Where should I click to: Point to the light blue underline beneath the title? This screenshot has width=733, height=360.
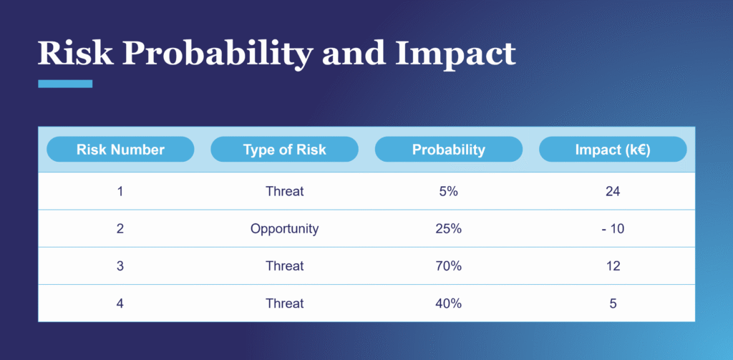[x=65, y=84]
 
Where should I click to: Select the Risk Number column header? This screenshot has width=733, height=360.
[x=120, y=150]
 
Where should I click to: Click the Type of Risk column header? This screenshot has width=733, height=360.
[x=284, y=150]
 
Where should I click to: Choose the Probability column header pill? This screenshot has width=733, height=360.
[x=448, y=150]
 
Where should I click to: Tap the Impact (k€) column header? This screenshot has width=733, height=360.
[x=612, y=150]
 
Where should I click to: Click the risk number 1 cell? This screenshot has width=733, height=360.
[x=120, y=191]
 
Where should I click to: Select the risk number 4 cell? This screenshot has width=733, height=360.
[x=120, y=303]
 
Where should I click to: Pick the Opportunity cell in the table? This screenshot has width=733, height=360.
[x=284, y=229]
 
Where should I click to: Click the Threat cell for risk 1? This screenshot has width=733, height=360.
[x=284, y=191]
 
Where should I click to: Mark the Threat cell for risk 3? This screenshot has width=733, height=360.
[x=284, y=266]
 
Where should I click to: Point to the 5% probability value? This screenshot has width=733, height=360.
[x=448, y=191]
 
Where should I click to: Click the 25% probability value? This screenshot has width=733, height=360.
[x=448, y=229]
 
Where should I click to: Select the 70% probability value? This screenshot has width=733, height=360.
[x=448, y=266]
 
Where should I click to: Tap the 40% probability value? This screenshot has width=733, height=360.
[x=448, y=303]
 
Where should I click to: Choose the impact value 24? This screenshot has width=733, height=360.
[x=612, y=191]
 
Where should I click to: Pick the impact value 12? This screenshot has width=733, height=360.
[x=612, y=266]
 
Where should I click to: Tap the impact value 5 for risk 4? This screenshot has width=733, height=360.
[x=613, y=303]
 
